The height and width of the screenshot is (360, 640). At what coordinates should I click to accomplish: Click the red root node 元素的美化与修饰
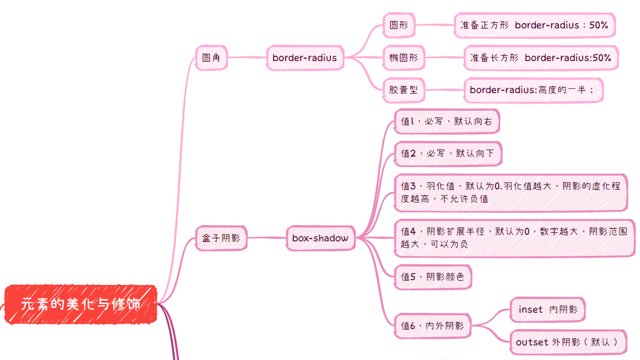tap(80, 304)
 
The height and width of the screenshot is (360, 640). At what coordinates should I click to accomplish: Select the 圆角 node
tap(211, 58)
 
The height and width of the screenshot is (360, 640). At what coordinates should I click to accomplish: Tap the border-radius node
tap(304, 58)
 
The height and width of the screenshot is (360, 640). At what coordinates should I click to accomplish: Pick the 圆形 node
tap(399, 25)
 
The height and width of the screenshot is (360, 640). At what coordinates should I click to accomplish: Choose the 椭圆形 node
tap(403, 58)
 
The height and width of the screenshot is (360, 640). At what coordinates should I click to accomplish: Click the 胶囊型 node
tap(403, 90)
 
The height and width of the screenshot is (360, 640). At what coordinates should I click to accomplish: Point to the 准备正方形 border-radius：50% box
tap(534, 25)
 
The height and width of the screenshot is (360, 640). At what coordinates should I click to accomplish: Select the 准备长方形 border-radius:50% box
tap(541, 58)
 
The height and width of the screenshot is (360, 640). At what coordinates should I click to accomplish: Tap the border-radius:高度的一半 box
tap(533, 90)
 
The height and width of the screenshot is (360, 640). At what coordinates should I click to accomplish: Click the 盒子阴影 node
tap(221, 238)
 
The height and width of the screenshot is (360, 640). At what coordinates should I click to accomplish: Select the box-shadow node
tap(320, 238)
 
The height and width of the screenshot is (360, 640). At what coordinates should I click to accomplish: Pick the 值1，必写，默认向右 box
tap(446, 122)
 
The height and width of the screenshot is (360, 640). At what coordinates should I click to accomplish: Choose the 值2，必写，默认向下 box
tap(448, 154)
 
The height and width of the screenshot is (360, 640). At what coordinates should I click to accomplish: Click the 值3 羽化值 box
tap(510, 192)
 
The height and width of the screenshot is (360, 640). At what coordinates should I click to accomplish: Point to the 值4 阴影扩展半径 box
tap(514, 237)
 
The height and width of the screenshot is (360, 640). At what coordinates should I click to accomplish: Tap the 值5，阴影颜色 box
tap(433, 277)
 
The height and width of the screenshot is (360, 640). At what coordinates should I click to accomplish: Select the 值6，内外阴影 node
tap(432, 326)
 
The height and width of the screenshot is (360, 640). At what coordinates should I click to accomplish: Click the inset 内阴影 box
tap(547, 310)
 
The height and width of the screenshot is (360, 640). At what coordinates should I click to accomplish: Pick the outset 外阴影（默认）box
tap(567, 342)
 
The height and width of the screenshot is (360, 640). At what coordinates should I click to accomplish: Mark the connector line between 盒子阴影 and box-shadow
tap(266, 238)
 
